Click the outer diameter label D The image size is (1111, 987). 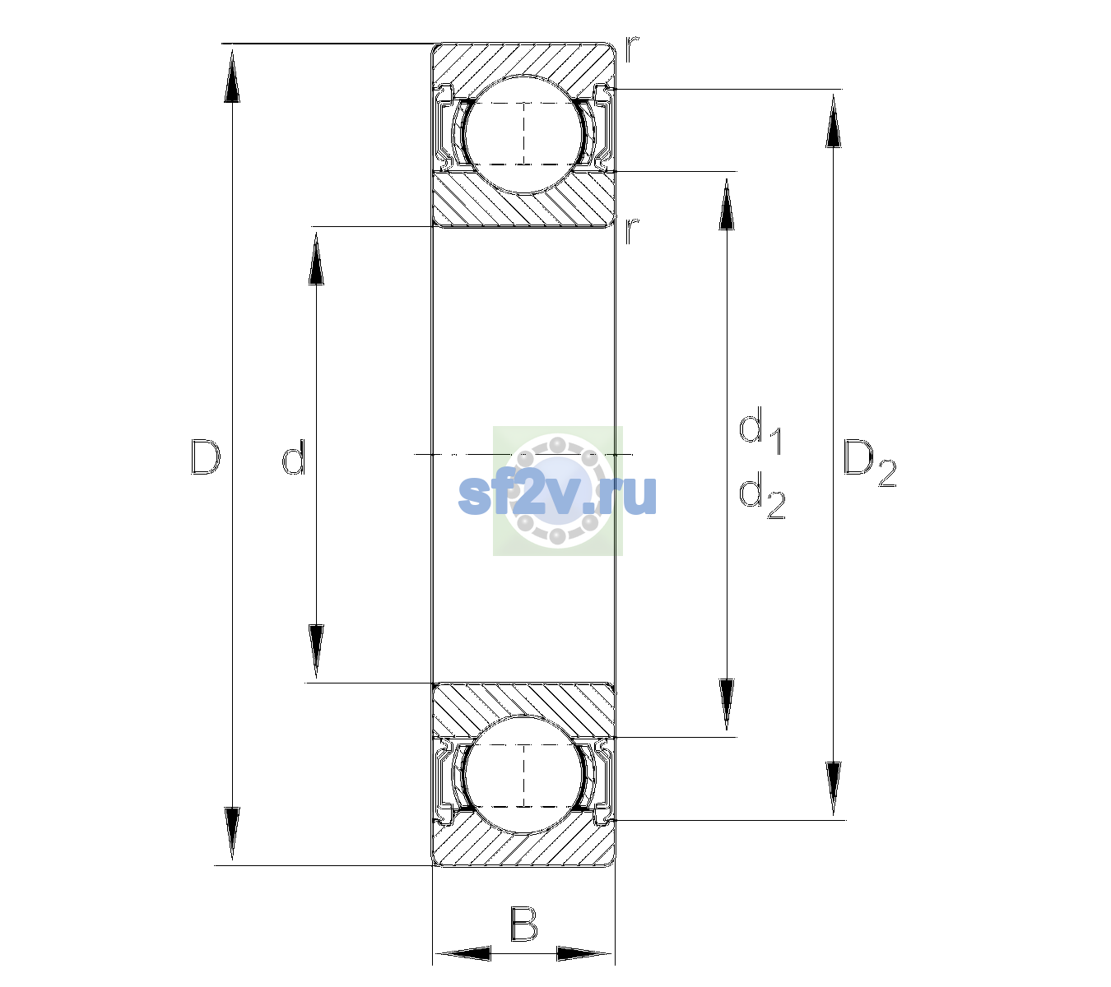(205, 457)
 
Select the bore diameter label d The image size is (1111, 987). (294, 457)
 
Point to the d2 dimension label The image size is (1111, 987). (762, 495)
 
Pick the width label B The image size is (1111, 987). (523, 924)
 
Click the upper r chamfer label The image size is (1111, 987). (632, 49)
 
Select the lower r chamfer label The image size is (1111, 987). (632, 230)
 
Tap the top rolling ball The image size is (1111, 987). (523, 134)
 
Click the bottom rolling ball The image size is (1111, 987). (523, 775)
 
